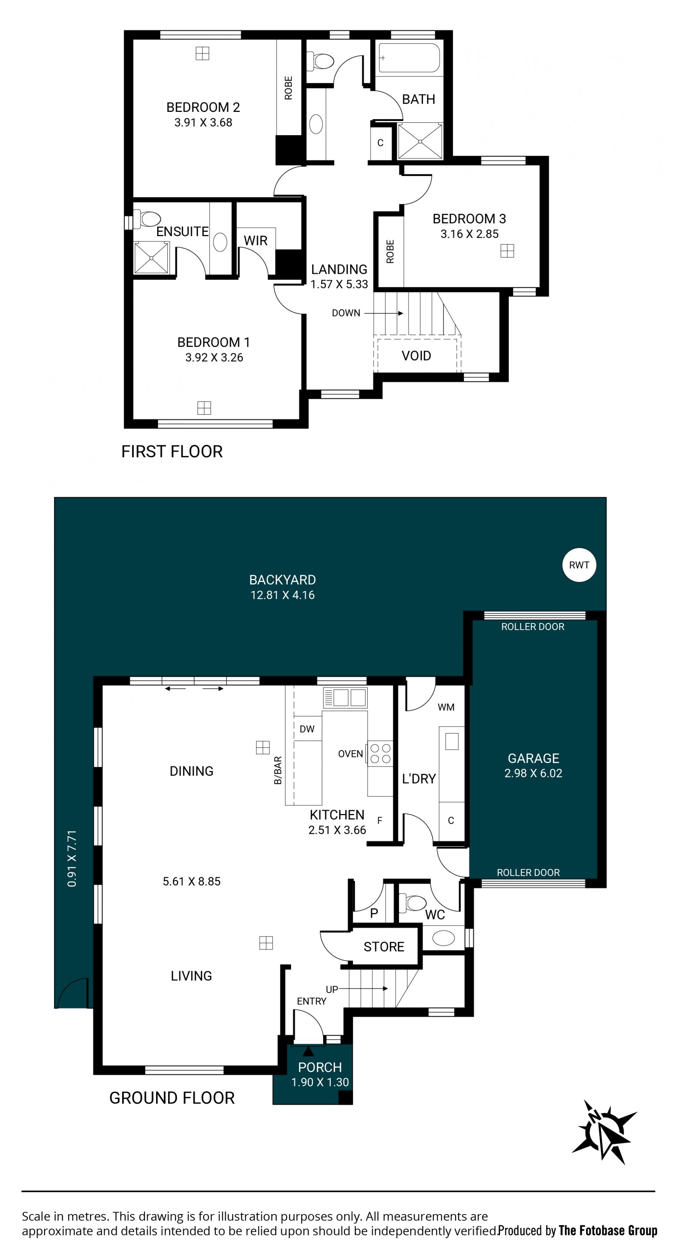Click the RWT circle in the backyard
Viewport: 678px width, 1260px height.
pos(579,565)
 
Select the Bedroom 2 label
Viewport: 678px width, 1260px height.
pos(203,107)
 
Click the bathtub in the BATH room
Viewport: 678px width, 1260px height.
pos(409,58)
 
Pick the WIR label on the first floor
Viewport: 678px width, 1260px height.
pos(256,241)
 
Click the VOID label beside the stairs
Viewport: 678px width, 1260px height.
pos(416,356)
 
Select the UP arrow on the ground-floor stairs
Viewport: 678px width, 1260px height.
pos(363,989)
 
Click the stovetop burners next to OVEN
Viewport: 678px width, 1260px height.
pos(380,754)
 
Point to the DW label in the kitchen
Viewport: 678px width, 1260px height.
pos(307,729)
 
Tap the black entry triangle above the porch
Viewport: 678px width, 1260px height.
pos(308,1051)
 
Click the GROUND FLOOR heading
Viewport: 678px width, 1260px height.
pos(172,1098)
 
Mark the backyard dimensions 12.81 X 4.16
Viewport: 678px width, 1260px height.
pos(282,595)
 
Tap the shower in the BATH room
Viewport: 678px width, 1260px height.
pos(420,141)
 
